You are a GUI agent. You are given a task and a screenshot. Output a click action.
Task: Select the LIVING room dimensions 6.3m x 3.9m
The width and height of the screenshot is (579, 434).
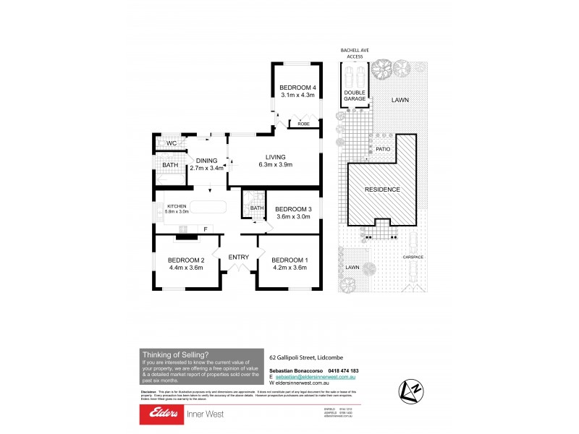(275, 165)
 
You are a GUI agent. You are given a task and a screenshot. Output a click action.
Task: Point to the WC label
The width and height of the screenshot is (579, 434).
(171, 143)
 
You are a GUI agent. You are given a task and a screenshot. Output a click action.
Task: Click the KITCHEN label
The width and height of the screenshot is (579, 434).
(177, 206)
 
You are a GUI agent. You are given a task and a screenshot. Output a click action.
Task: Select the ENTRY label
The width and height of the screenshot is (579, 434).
(238, 257)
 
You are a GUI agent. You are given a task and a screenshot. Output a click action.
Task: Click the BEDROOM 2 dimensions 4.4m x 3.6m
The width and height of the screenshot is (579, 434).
(185, 267)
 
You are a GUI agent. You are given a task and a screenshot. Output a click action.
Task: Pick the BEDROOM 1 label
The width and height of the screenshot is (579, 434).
(289, 260)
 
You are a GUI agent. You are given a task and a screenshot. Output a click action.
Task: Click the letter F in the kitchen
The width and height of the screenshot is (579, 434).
(206, 230)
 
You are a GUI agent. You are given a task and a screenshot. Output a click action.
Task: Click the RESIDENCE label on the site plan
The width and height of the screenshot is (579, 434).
(381, 190)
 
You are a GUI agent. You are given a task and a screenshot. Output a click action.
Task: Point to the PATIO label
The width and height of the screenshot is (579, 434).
(383, 150)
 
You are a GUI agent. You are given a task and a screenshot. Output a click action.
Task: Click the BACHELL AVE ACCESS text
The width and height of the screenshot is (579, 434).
(355, 54)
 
